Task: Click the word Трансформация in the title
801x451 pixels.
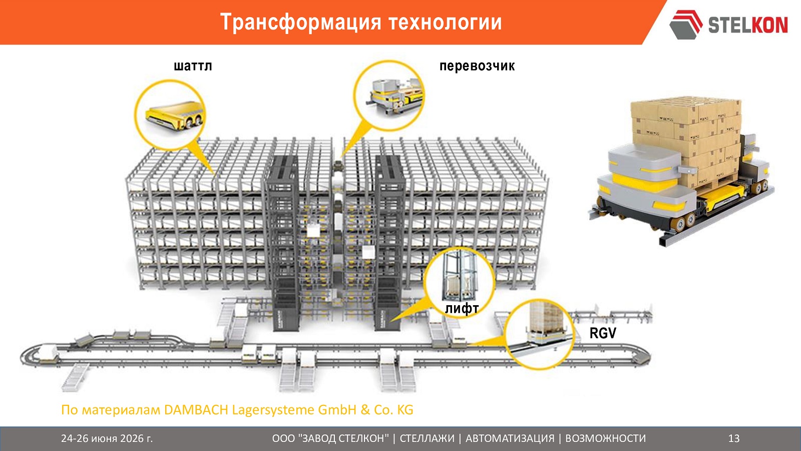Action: (x=301, y=23)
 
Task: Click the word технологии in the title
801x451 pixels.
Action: (x=446, y=23)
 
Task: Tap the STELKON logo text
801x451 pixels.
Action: (x=748, y=25)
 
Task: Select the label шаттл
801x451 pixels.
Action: (x=193, y=66)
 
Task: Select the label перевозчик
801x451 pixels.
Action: (x=477, y=66)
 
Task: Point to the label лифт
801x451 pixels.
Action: (x=462, y=308)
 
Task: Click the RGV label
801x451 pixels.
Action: (x=603, y=333)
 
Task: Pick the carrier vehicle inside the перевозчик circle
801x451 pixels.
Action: (x=394, y=94)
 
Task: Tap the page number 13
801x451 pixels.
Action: (x=734, y=438)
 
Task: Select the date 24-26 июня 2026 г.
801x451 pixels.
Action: (x=107, y=438)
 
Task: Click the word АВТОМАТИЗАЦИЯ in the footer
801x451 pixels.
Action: (x=510, y=438)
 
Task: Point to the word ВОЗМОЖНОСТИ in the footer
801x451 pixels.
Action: (x=605, y=438)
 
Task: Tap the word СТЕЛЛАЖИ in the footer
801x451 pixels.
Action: (x=427, y=438)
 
